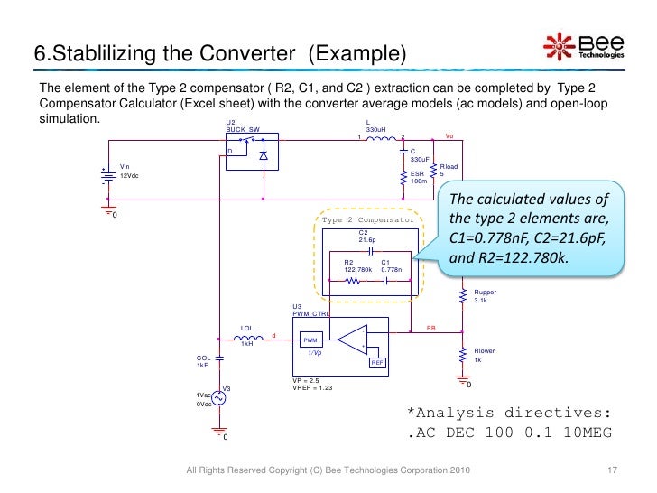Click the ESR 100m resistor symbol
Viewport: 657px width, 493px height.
(x=403, y=177)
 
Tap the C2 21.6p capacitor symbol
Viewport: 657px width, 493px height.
(x=371, y=250)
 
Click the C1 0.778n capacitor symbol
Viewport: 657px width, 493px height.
(x=388, y=281)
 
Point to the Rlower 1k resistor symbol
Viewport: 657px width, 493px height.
(x=462, y=356)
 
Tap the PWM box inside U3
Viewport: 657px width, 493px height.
(x=310, y=340)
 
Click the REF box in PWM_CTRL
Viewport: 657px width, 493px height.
(x=379, y=362)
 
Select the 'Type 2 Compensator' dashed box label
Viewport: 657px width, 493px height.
(x=367, y=220)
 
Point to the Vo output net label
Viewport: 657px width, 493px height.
(x=449, y=136)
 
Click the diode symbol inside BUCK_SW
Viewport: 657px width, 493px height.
(x=263, y=155)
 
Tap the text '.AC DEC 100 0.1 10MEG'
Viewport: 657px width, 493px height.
(x=509, y=433)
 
